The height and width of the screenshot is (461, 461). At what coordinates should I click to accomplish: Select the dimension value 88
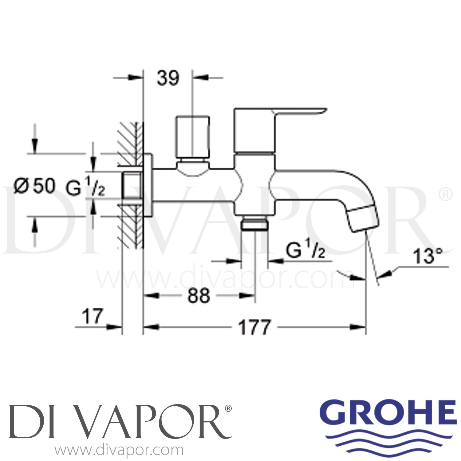click(199, 296)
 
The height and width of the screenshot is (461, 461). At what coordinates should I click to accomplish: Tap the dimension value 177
click(255, 327)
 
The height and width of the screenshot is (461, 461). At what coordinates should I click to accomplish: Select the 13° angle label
click(427, 257)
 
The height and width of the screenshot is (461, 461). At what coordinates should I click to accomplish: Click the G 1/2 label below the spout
click(305, 251)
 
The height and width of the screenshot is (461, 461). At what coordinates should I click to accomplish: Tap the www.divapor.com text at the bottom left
click(119, 451)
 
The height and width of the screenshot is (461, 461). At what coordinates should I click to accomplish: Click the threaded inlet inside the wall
click(132, 186)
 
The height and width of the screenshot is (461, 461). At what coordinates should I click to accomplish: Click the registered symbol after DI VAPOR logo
click(228, 408)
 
